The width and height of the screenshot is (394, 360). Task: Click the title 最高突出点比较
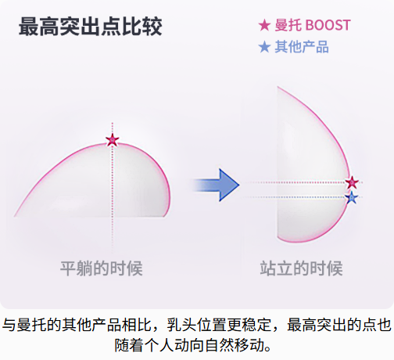coord(90,27)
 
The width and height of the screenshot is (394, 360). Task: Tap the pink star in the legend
coord(264,25)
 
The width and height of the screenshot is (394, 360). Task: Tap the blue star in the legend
coord(264,47)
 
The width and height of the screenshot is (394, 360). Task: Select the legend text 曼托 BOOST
coord(313,25)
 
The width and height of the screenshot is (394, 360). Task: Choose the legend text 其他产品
coord(302,47)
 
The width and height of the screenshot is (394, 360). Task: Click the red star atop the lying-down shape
coord(113,140)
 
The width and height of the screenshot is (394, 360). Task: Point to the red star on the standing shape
coord(352,182)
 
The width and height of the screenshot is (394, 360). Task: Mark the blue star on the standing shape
coord(352,197)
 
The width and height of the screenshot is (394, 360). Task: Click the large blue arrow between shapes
coord(216,185)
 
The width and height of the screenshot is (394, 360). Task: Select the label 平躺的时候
coord(102,268)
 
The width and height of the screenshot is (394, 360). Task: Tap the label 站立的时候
coord(301,268)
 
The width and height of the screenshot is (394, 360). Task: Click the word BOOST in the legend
coord(328,25)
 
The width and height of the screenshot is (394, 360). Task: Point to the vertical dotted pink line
coord(113,187)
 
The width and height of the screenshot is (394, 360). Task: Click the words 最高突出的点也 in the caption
coord(339,325)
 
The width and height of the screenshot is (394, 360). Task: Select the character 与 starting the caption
coord(9,325)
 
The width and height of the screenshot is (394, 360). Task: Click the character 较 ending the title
coord(152,27)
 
